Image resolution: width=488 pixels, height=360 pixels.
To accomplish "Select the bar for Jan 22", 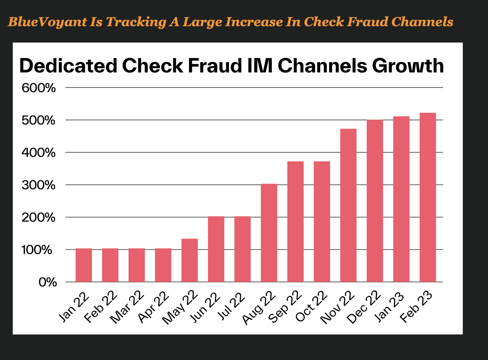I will point(84,265).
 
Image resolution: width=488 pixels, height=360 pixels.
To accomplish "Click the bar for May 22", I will point(190,260).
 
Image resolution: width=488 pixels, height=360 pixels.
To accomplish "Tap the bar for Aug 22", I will point(269,233).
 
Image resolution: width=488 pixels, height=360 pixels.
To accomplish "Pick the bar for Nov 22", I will point(348,205).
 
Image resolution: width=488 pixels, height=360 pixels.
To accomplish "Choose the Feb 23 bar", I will point(428,197).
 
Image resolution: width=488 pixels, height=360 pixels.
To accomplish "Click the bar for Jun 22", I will point(216,249).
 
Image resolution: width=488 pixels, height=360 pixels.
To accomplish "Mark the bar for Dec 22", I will point(375,201).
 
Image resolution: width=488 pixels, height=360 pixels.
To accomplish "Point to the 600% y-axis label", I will point(39,88).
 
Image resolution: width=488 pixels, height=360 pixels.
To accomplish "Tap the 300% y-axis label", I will point(39,185).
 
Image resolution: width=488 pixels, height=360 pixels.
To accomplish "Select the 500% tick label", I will point(39,120).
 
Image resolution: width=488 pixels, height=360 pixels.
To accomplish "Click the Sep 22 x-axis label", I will point(285,307).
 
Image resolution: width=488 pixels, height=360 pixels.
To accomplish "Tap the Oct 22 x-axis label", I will point(311,307).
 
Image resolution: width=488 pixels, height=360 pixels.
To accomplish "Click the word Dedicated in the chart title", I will point(68,66).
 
